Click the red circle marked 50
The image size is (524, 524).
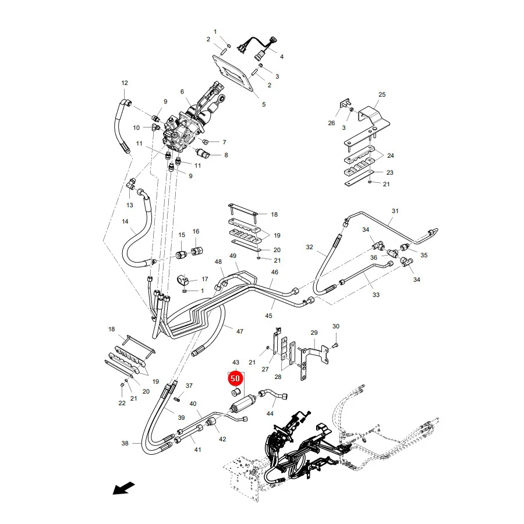tap(235, 378)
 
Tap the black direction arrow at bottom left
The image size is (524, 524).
tap(123, 488)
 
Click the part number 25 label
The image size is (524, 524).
tap(382, 94)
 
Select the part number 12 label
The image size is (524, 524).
tap(125, 83)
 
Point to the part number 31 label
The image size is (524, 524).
tap(395, 211)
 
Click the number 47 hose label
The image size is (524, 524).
tap(240, 331)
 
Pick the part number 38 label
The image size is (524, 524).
tap(125, 443)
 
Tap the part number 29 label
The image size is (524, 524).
tap(314, 332)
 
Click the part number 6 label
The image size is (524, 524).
tap(182, 91)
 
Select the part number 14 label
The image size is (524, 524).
tap(125, 221)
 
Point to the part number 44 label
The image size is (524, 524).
tap(270, 413)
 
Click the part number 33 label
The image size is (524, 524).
tap(376, 295)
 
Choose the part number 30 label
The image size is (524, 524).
tap(336, 326)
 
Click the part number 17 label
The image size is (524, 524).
tap(205, 279)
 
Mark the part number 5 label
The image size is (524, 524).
tap(264, 105)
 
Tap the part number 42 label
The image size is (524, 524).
tap(222, 439)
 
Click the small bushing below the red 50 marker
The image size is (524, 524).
tap(236, 391)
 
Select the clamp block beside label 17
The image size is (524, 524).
tap(183, 279)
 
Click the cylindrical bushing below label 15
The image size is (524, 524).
tap(182, 254)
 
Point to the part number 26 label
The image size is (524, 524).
tap(331, 123)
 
